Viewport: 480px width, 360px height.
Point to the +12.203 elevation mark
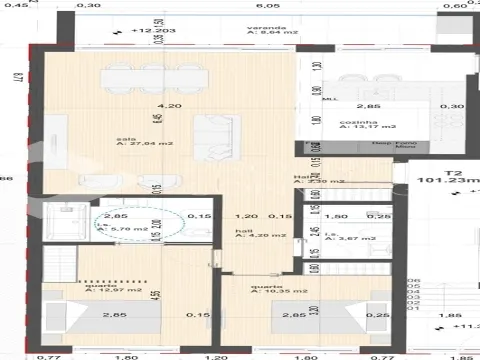point(148,31)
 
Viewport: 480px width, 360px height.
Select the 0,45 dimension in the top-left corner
point(10,6)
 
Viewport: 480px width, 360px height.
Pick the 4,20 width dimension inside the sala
point(153,105)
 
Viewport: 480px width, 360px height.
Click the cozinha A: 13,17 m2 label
point(367,124)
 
